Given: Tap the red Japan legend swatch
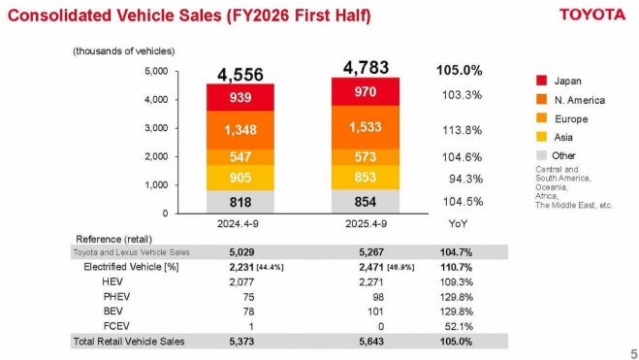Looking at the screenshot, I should click(x=542, y=81).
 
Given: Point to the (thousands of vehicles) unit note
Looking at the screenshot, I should click(x=122, y=50).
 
